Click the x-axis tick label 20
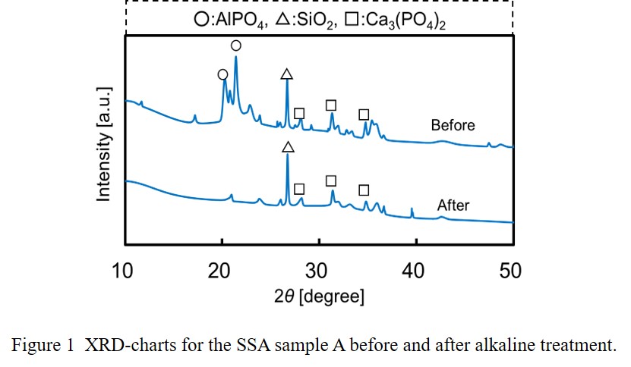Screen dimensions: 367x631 point(221,269)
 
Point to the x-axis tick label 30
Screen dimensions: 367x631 point(318,269)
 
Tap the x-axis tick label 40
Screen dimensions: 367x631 point(415,269)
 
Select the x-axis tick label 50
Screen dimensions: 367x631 point(511,269)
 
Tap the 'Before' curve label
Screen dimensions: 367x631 point(453,125)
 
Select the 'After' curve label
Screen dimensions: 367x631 point(453,205)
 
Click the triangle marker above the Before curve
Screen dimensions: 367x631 point(286,74)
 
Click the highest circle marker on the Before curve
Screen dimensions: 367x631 point(236,46)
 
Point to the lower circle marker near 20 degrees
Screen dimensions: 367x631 point(222,74)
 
